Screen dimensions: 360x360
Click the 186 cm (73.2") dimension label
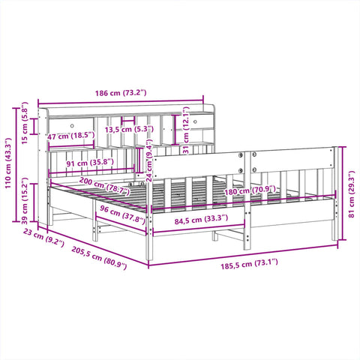(x=121, y=93)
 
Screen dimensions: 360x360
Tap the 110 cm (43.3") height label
(x=8, y=163)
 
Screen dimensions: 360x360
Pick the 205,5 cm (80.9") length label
(x=99, y=257)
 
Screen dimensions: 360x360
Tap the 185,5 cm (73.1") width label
(x=249, y=264)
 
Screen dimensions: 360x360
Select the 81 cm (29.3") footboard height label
(x=351, y=194)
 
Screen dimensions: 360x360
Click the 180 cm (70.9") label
(x=250, y=190)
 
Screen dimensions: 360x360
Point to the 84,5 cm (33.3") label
(x=201, y=220)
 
